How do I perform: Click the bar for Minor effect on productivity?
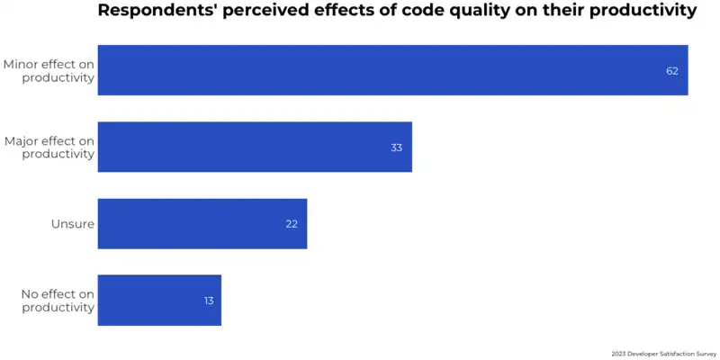point(392,70)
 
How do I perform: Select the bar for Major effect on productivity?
point(255,147)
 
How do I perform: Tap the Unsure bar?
point(202,223)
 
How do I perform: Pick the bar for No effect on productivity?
point(159,300)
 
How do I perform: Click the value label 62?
point(671,71)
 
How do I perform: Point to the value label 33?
point(396,148)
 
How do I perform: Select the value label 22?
point(292,224)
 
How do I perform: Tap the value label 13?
point(209,301)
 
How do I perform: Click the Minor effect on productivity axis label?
point(49,71)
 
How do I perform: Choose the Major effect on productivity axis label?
point(49,148)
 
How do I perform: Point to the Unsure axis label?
point(73,224)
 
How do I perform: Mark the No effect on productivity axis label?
point(58,301)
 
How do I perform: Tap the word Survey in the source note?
point(705,355)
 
